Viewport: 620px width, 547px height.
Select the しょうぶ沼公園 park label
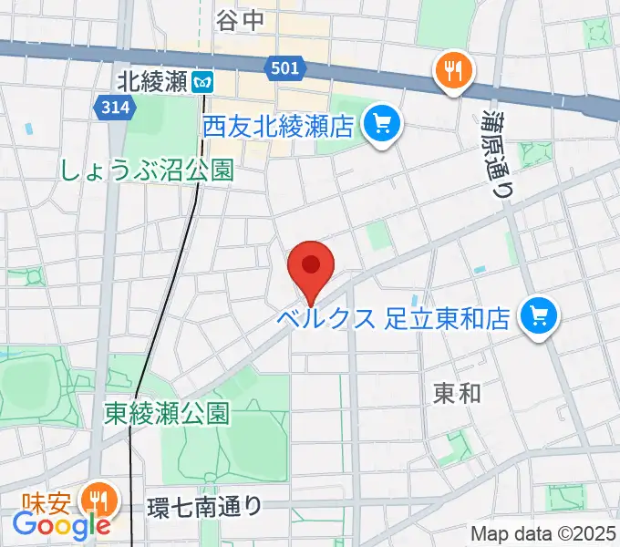[x=147, y=170]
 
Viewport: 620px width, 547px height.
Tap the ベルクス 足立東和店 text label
[x=395, y=319]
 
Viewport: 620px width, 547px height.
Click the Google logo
[x=61, y=525]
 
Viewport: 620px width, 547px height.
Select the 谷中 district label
[x=240, y=20]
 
